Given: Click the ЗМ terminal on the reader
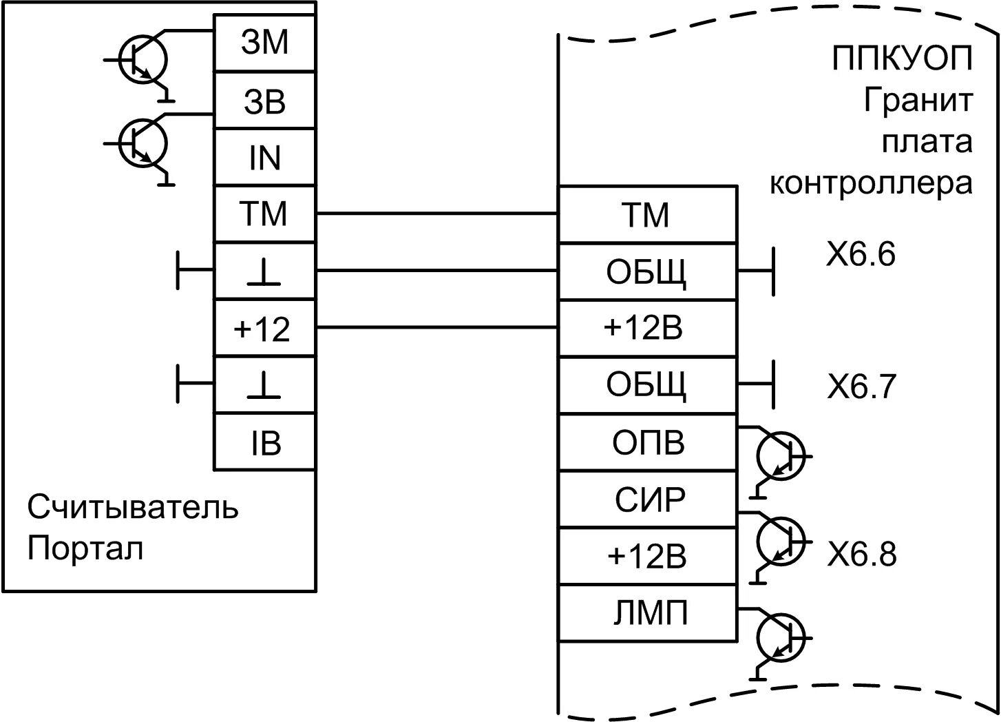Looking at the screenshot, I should [x=264, y=43].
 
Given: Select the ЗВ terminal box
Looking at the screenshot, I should [x=264, y=101].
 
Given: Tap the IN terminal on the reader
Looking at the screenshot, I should [x=264, y=158].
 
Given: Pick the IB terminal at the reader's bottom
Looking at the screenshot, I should [x=264, y=443].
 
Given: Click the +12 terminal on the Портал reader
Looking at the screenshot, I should [x=264, y=329].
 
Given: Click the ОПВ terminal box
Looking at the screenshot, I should [x=647, y=443].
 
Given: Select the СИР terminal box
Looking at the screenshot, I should [x=647, y=499].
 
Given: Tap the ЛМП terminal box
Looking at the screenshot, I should [x=647, y=613].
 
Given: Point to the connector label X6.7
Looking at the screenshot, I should [x=861, y=387].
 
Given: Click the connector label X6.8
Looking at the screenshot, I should [x=861, y=554].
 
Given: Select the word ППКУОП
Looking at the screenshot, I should [x=902, y=59].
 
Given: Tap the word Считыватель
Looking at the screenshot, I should [x=133, y=508].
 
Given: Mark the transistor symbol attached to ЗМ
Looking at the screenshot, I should [x=143, y=61].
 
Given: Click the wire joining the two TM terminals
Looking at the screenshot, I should [x=436, y=214].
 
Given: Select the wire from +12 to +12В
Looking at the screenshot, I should [x=436, y=328].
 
